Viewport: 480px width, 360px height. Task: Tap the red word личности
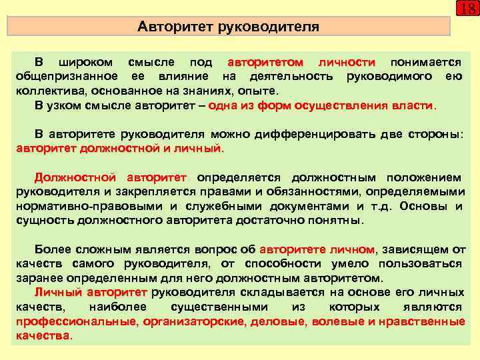point(347,62)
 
